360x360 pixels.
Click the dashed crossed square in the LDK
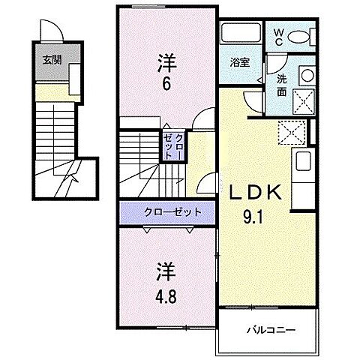click(290, 132)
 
